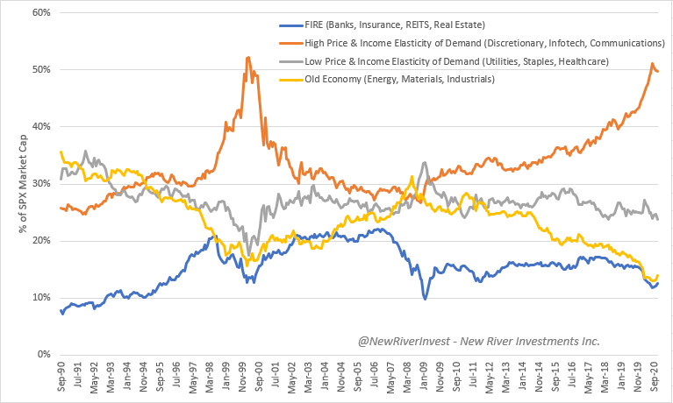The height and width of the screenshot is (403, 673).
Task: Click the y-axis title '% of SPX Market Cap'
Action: pyautogui.click(x=12, y=184)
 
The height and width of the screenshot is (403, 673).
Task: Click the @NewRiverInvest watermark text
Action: pyautogui.click(x=477, y=341)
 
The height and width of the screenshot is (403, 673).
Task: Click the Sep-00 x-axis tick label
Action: pyautogui.click(x=260, y=378)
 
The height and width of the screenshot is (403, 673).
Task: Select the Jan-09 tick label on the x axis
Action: pyautogui.click(x=425, y=378)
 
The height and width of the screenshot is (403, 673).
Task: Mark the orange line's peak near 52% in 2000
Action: pyautogui.click(x=247, y=57)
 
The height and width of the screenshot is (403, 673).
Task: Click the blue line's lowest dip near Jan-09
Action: pyautogui.click(x=425, y=299)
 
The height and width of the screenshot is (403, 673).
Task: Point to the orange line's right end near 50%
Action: pyautogui.click(x=659, y=72)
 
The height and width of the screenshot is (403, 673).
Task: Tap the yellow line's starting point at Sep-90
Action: pyautogui.click(x=60, y=152)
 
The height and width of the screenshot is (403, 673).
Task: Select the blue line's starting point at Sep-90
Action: pyautogui.click(x=60, y=309)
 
